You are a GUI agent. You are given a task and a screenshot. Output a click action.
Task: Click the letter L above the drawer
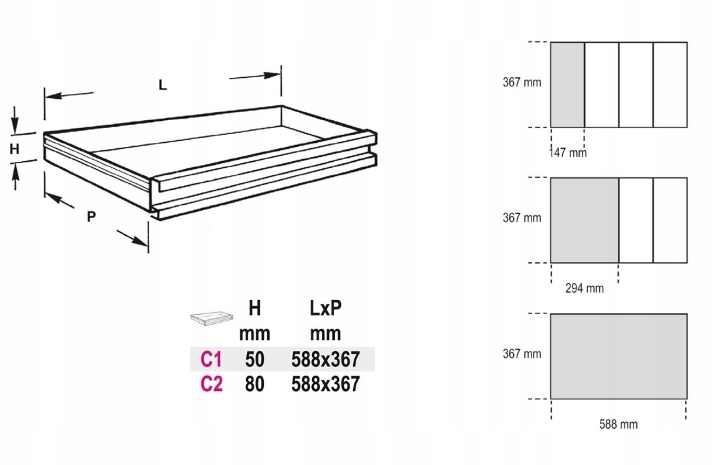pos(162,85)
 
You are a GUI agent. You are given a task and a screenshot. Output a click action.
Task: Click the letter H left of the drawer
pos(14,150)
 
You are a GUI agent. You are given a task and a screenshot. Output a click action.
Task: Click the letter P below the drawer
pos(91,216)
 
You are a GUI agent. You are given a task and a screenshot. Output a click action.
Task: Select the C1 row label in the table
pos(211,360)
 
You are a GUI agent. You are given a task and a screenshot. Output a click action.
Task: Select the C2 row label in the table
pos(211,384)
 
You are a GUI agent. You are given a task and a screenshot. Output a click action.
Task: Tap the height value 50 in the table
pos(254,360)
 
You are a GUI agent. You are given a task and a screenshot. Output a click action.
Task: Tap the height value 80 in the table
pos(254,384)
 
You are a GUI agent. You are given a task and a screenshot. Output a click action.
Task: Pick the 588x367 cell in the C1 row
pos(325,360)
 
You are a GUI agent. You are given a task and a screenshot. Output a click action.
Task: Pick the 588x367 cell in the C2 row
pos(325,384)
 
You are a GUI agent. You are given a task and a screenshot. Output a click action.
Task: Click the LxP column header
pos(325,308)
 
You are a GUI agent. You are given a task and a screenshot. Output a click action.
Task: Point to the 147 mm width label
pos(568,153)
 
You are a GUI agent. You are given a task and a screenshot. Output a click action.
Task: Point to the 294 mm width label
pos(584,289)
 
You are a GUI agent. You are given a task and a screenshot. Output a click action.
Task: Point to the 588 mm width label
pos(618,424)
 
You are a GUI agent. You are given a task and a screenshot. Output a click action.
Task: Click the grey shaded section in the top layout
pos(567,85)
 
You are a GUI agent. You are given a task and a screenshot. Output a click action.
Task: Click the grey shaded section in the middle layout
pos(584,220)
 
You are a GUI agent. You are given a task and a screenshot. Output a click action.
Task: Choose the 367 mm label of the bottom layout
pos(521,354)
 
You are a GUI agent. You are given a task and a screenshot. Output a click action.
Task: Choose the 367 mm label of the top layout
pos(521,83)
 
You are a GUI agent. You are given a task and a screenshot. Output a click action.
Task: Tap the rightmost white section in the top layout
pos(670,85)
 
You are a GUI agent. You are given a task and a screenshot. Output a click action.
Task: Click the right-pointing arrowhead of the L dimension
pos(272,75)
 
